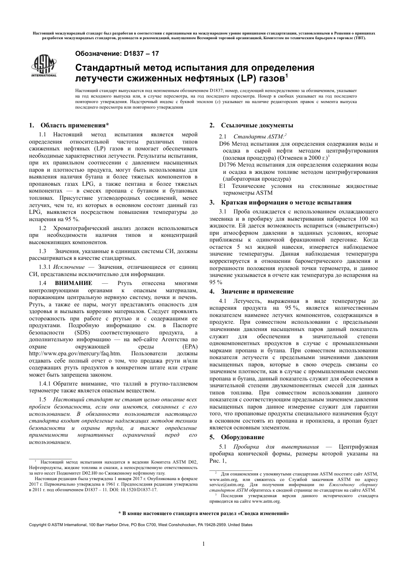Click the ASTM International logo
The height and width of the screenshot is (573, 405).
click(43, 66)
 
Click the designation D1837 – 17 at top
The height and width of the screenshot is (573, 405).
click(117, 54)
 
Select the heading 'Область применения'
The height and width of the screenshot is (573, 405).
click(74, 125)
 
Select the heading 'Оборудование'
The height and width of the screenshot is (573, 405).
click(242, 437)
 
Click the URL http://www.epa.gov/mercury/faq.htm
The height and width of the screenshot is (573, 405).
click(75, 353)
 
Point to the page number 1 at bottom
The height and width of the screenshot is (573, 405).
click(204, 544)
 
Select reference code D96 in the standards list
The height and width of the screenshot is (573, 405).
click(224, 144)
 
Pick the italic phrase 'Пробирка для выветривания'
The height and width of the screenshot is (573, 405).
click(276, 447)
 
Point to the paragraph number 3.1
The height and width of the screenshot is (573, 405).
click(223, 212)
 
